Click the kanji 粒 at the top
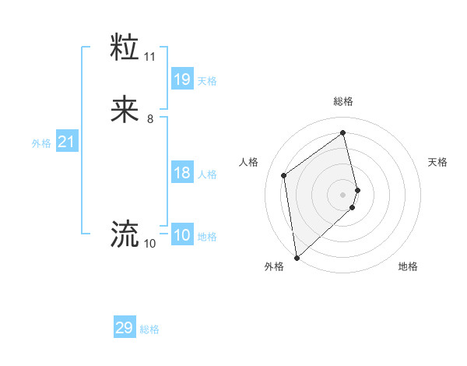pos(125,48)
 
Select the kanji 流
pos(125,234)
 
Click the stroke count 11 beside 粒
pos(149,57)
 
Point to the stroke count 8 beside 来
pos(149,119)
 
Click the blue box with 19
pos(182,79)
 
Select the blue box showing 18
pos(182,173)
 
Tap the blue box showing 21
pos(66,143)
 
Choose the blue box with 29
pos(125,328)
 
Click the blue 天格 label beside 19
pos(207,81)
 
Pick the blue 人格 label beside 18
pos(207,174)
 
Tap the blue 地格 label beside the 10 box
pos(207,237)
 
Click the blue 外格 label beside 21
pos(41,143)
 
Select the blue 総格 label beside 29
pos(149,329)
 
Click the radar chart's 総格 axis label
pos(343,101)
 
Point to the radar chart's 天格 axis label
pos(437,162)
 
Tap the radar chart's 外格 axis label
pos(274,266)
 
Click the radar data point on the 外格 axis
pos(296,257)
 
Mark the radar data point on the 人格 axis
pos(284,175)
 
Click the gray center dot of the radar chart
pos(343,194)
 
